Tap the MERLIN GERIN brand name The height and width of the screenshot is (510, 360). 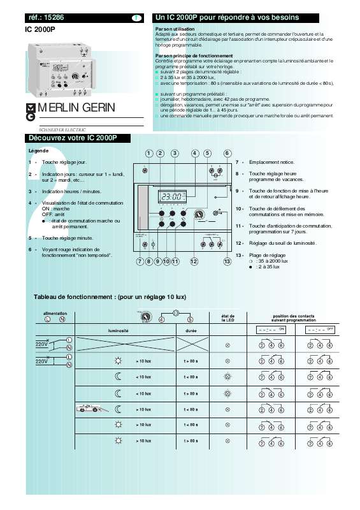click(x=76, y=108)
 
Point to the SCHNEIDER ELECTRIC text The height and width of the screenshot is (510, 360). click(x=62, y=129)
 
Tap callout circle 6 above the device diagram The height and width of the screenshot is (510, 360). click(x=227, y=153)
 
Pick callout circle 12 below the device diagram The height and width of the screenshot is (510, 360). click(x=194, y=261)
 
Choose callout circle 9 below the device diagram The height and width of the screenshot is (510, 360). click(x=157, y=261)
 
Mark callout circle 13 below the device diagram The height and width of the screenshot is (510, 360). click(x=227, y=261)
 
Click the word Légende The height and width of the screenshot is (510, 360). click(x=39, y=150)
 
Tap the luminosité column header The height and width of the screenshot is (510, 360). click(x=119, y=331)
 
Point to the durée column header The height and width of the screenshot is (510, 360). click(x=191, y=331)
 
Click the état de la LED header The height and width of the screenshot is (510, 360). click(x=227, y=317)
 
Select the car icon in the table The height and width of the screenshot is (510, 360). click(x=89, y=409)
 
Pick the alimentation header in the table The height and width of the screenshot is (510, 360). click(x=55, y=314)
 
